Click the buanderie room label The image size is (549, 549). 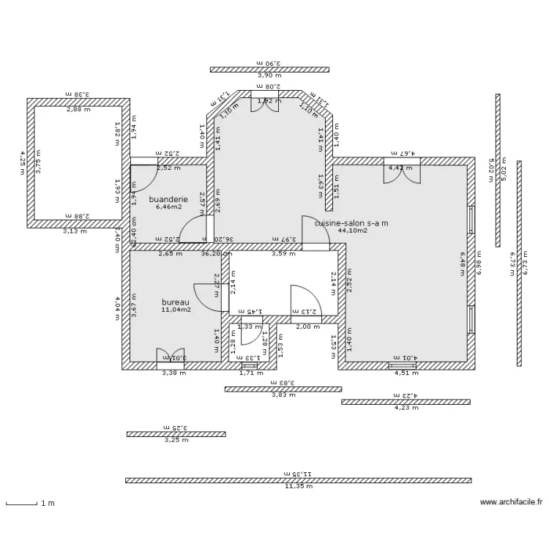(168, 199)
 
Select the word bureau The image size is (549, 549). (176, 302)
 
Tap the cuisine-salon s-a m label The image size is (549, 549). (351, 223)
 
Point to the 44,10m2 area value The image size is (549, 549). (352, 231)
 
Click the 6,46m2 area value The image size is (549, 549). (168, 207)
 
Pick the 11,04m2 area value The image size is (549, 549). (176, 310)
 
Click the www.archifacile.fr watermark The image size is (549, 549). (512, 503)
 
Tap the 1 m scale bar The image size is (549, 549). (22, 503)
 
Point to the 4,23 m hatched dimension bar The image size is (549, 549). (406, 401)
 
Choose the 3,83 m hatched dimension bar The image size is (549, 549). (281, 389)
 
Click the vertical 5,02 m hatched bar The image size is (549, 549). (498, 170)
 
